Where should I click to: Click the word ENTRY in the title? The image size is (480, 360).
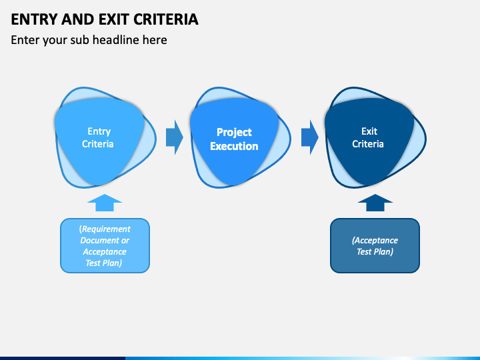(x=34, y=19)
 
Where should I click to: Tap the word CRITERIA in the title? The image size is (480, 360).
(x=166, y=19)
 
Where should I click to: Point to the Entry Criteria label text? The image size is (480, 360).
(x=98, y=137)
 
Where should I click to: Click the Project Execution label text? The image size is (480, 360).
(x=234, y=139)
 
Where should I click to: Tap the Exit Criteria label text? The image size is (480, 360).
(x=368, y=137)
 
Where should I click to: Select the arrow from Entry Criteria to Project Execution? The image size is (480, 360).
(x=175, y=137)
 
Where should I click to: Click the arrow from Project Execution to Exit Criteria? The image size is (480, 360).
(x=310, y=137)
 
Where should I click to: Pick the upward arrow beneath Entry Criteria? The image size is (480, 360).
(x=105, y=203)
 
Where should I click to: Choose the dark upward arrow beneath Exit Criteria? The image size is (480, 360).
(x=375, y=203)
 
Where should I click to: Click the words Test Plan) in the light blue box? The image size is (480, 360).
(x=104, y=263)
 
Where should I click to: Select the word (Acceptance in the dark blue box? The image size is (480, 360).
(x=375, y=240)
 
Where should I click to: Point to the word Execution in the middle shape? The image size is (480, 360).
(x=234, y=146)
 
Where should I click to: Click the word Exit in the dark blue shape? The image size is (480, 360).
(x=369, y=131)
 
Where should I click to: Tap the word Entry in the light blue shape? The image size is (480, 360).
(x=99, y=131)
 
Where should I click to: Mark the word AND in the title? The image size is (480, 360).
(x=78, y=19)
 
